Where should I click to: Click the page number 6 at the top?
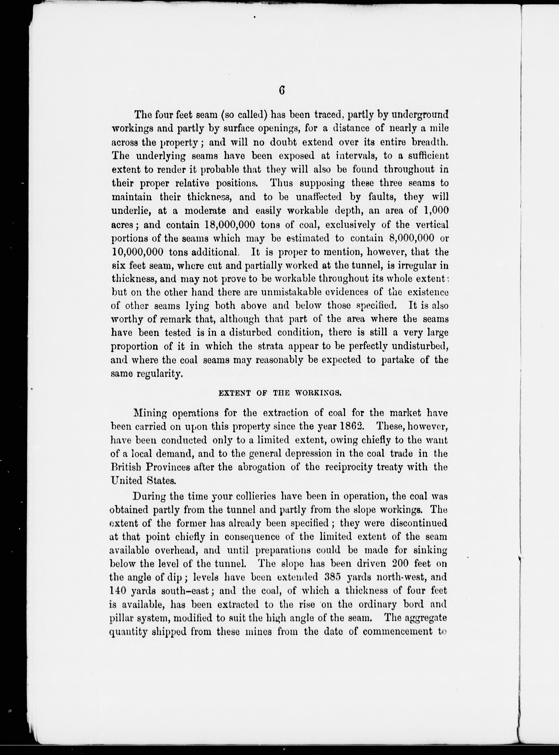(x=281, y=91)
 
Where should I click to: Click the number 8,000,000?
(x=412, y=238)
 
